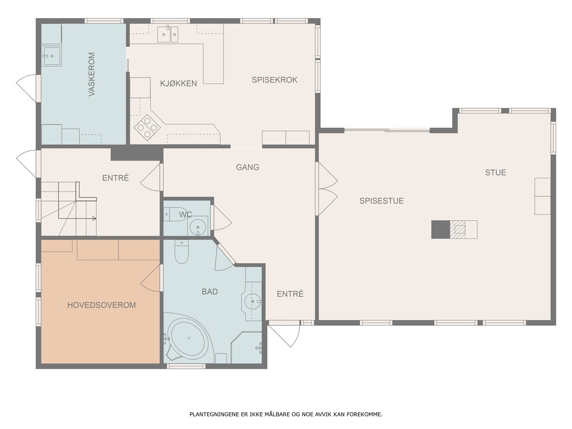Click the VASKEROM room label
tap(92, 74)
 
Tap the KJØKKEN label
tap(178, 83)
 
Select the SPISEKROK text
tap(275, 80)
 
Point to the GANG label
tap(247, 167)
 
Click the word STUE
tap(495, 172)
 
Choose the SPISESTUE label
tap(381, 201)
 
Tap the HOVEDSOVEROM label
tap(102, 305)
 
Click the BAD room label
tap(210, 291)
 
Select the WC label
tap(186, 214)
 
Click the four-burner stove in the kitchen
tap(147, 127)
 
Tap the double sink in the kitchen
tap(168, 34)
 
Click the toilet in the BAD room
tap(182, 251)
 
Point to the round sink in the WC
tap(198, 227)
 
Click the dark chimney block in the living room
tap(441, 230)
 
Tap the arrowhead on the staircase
tap(94, 218)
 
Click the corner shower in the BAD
tap(247, 347)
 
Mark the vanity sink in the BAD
tap(252, 301)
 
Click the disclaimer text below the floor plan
tap(286, 414)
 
